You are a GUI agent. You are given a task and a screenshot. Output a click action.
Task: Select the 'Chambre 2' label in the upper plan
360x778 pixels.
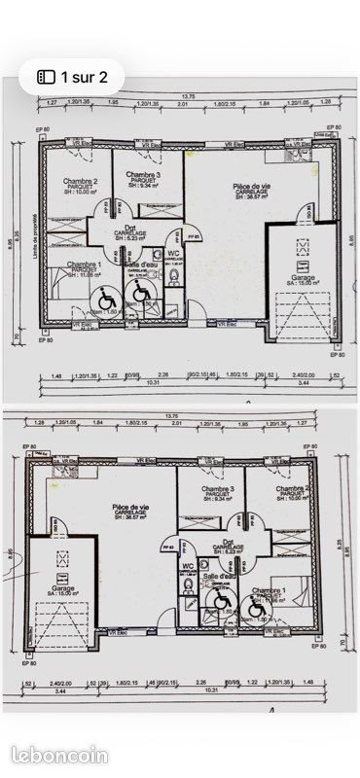point(81,181)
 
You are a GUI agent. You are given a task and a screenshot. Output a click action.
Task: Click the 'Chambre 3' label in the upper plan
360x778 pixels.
point(143,174)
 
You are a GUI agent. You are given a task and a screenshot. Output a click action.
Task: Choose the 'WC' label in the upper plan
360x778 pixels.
point(174,253)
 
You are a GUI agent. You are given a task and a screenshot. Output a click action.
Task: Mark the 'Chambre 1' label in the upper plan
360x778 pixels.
point(84,265)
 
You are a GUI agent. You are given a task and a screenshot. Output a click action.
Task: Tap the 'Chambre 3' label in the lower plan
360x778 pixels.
point(218,489)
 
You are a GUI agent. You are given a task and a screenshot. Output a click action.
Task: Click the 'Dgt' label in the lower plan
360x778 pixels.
point(228,542)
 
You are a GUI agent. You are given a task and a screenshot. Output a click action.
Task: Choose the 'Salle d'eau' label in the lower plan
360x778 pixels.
point(220,576)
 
